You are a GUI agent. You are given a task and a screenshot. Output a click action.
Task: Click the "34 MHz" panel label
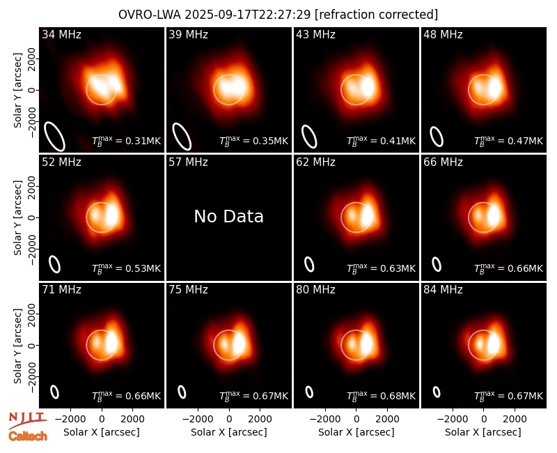[x=61, y=34]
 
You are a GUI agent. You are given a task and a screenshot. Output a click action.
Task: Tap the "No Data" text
[x=229, y=216]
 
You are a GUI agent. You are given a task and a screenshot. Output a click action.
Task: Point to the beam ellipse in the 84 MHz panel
[x=437, y=392]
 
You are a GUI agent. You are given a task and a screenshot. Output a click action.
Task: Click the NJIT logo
[x=27, y=420]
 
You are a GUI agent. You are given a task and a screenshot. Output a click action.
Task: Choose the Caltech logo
[x=28, y=436]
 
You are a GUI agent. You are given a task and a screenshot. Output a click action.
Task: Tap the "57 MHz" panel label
[x=188, y=162]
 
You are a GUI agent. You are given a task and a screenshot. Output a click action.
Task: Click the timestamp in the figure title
[x=248, y=15]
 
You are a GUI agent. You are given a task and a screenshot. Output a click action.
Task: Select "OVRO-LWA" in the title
[x=150, y=15]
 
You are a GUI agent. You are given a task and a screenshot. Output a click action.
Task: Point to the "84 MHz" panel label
[x=443, y=290]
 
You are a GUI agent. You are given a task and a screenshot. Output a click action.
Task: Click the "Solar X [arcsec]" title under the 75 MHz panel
[x=229, y=432]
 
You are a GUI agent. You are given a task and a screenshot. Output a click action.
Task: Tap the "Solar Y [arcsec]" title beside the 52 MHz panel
[x=17, y=217]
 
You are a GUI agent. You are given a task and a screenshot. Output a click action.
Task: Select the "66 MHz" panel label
[x=443, y=162]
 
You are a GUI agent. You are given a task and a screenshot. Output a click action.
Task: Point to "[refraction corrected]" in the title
[x=377, y=15]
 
